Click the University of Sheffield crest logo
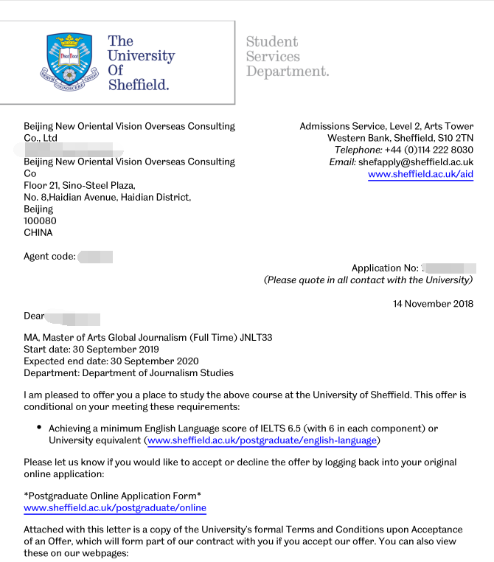pos(69,61)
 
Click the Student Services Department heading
pos(287,57)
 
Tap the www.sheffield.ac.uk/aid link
pos(420,174)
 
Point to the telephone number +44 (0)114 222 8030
pos(428,150)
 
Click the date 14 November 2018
pos(433,304)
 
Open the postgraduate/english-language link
pos(262,441)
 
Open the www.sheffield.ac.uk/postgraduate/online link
pos(115,508)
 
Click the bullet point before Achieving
pos(39,429)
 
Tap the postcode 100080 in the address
pos(40,221)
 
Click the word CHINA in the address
pos(38,233)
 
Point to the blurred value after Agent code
pos(95,257)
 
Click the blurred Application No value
pos(449,268)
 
